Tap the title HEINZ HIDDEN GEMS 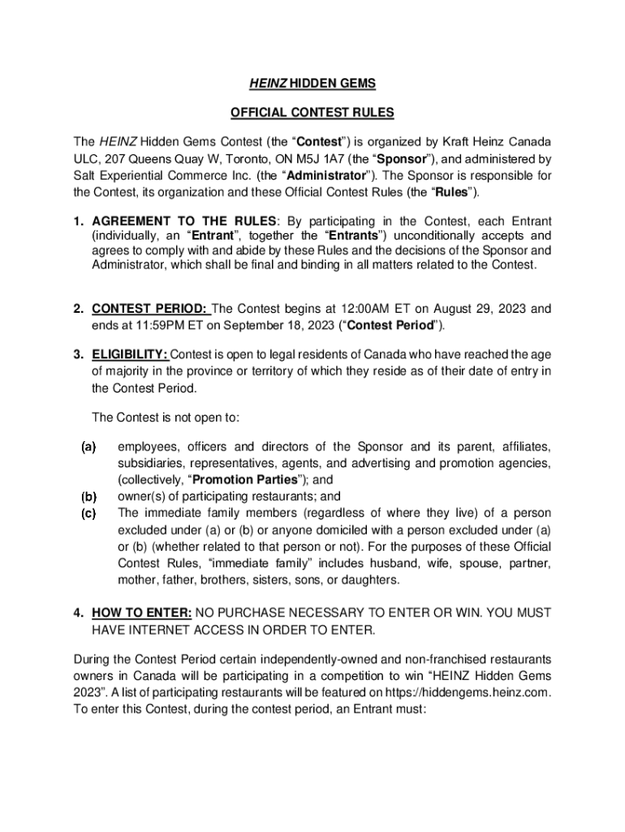pos(312,84)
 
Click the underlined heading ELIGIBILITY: pos(130,353)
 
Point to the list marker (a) pos(88,447)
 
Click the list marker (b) pos(88,496)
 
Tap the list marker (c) pos(88,513)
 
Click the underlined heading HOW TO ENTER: pos(142,612)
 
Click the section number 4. pos(78,612)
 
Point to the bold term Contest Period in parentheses pos(391,326)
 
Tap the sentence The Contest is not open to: pos(166,418)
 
